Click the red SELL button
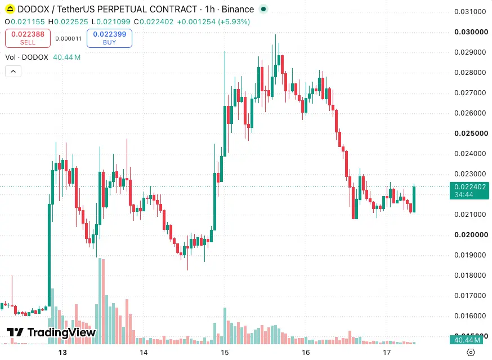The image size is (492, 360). (x=28, y=38)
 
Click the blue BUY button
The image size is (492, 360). (x=110, y=38)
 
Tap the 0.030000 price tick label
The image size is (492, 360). (x=471, y=32)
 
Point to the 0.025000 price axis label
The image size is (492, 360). (x=471, y=133)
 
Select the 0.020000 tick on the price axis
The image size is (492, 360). (x=471, y=235)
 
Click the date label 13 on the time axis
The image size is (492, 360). (x=62, y=353)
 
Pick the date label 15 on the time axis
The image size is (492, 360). (x=225, y=353)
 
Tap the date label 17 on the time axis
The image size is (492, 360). (x=387, y=353)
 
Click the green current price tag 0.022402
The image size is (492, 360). (x=469, y=190)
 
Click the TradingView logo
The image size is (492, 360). (x=51, y=332)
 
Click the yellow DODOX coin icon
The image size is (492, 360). (x=10, y=9)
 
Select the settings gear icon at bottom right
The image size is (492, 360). (x=471, y=353)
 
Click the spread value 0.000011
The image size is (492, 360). (x=69, y=39)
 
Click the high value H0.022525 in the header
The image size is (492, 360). (x=68, y=21)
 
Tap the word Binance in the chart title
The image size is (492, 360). (x=238, y=9)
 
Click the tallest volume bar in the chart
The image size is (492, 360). (x=100, y=301)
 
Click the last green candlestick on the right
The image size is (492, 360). (x=414, y=199)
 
